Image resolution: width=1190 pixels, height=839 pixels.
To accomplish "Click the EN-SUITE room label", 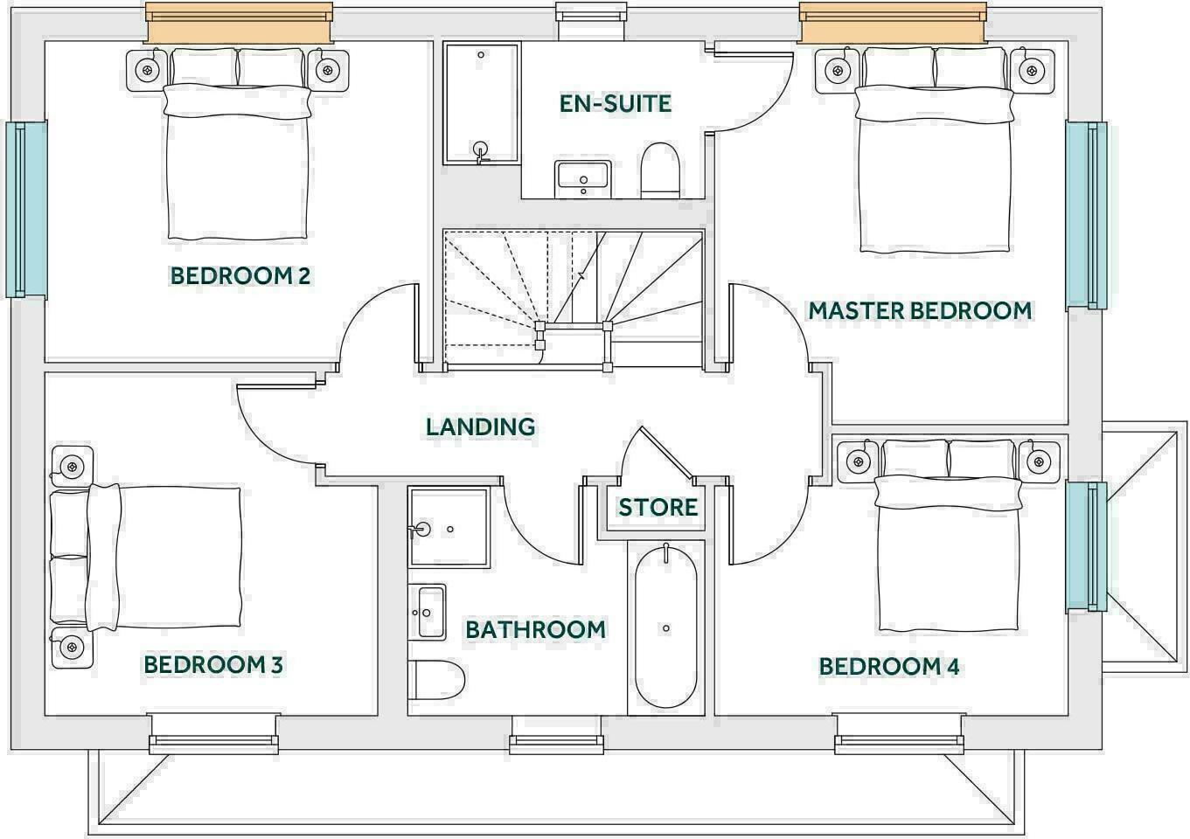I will pyautogui.click(x=616, y=103).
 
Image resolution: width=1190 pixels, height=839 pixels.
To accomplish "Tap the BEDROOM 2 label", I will pyautogui.click(x=240, y=276).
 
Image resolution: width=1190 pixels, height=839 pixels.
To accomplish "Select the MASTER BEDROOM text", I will pyautogui.click(x=920, y=310).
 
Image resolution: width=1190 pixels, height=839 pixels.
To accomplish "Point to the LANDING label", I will pyautogui.click(x=480, y=426).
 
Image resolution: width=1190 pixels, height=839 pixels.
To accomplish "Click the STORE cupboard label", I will pyautogui.click(x=658, y=507).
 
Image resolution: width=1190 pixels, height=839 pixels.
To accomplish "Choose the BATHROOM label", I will pyautogui.click(x=535, y=629).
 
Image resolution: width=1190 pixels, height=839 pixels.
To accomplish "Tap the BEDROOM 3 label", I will pyautogui.click(x=213, y=664).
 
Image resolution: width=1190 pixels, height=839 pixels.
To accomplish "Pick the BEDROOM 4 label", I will pyautogui.click(x=889, y=667).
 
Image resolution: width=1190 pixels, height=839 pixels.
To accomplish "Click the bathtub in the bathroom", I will pyautogui.click(x=666, y=628).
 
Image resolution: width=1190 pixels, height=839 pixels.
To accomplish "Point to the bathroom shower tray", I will pyautogui.click(x=449, y=528).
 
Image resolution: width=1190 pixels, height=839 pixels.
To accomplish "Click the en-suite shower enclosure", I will pyautogui.click(x=481, y=103).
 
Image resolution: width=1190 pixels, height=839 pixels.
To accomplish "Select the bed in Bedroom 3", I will pyautogui.click(x=149, y=557).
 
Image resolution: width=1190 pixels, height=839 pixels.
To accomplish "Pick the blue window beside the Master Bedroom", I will pyautogui.click(x=1087, y=214).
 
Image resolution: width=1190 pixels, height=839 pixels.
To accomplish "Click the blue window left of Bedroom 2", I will pyautogui.click(x=26, y=210).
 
